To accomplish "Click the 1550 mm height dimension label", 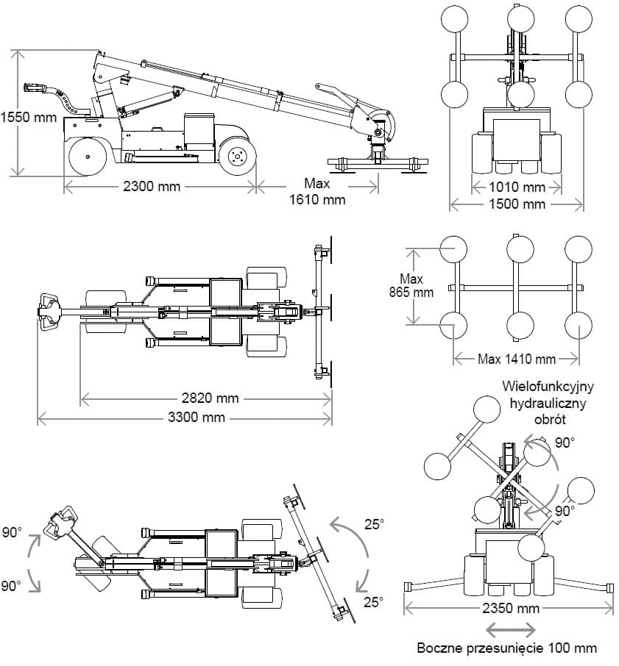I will [x=29, y=116].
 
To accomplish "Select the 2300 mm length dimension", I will [x=152, y=186].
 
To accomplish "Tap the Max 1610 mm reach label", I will [x=319, y=191].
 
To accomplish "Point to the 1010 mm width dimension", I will [x=518, y=187].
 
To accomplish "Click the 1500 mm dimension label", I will [x=518, y=204].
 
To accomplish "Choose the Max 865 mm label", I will [x=411, y=285].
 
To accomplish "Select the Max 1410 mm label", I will [x=517, y=359].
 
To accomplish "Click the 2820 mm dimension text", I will [x=210, y=398].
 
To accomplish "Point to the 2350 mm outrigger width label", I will [x=512, y=608].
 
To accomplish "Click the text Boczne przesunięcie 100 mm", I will [x=507, y=648].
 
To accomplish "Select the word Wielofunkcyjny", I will [x=549, y=386].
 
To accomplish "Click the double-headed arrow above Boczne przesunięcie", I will [x=511, y=629].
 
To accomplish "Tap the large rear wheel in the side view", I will [x=88, y=156].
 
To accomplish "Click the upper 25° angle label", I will [x=374, y=524].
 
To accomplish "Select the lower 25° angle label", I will [x=374, y=602].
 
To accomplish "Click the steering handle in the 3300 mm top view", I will [x=48, y=312].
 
